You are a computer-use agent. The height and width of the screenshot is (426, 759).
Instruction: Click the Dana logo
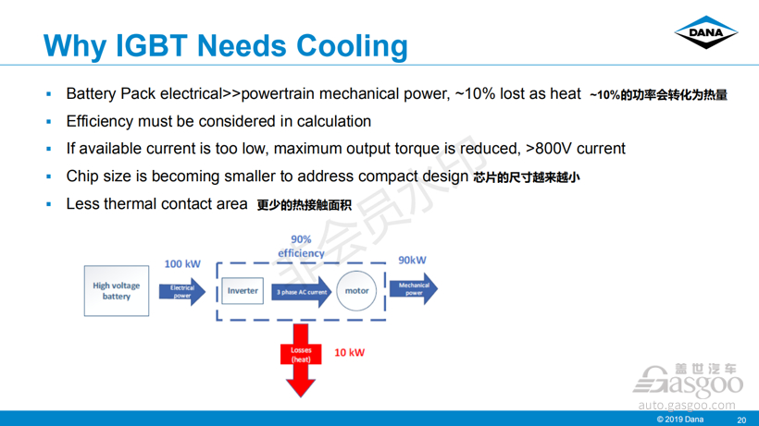click(705, 32)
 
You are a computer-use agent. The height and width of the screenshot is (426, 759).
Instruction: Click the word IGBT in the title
click(151, 46)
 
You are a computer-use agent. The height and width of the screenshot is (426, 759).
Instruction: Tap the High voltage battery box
click(117, 291)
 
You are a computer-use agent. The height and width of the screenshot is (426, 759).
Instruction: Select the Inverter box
click(243, 291)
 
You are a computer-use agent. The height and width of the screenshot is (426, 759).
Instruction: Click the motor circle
click(356, 291)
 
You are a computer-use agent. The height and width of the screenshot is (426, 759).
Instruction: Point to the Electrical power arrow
click(182, 291)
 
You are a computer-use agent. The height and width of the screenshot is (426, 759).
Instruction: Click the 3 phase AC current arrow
click(302, 291)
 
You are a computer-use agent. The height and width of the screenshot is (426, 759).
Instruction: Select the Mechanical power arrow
click(414, 289)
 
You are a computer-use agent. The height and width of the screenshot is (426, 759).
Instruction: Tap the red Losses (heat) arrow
click(301, 359)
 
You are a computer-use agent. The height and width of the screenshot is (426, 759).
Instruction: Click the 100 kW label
click(182, 263)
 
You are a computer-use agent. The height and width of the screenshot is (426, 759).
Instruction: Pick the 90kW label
click(413, 260)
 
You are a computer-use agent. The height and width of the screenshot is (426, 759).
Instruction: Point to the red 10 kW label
click(350, 353)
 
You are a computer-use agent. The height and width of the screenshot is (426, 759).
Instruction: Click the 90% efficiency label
click(301, 247)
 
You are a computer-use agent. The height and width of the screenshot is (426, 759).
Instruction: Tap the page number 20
click(741, 420)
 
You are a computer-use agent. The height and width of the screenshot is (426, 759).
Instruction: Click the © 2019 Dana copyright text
click(679, 420)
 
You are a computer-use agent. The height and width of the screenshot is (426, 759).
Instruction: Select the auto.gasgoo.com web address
click(687, 405)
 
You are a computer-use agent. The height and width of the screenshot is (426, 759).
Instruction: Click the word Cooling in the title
click(352, 47)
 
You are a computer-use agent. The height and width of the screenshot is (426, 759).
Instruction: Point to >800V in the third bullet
click(549, 148)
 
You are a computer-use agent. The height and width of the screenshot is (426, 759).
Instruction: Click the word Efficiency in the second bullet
click(99, 121)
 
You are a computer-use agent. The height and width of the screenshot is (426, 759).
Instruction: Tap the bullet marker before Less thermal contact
click(48, 204)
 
